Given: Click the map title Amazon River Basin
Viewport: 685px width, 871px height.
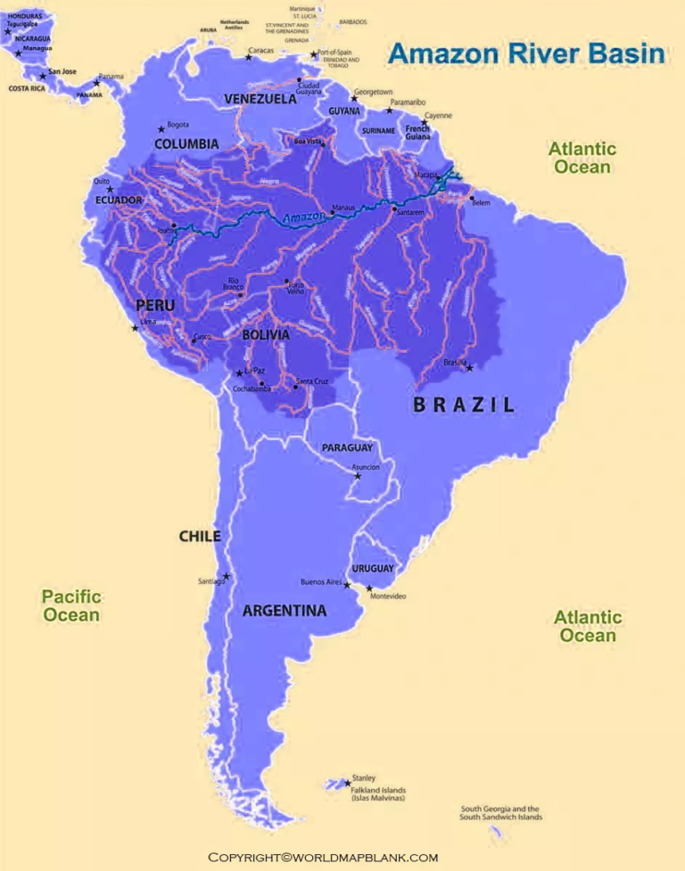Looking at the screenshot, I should pyautogui.click(x=526, y=53).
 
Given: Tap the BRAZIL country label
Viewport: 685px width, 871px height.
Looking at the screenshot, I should pyautogui.click(x=464, y=404).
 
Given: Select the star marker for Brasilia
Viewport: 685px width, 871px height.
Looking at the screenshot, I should pyautogui.click(x=469, y=367).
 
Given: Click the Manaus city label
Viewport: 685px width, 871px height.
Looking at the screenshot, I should pyautogui.click(x=343, y=208).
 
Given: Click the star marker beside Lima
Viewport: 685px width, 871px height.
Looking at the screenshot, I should pyautogui.click(x=136, y=328).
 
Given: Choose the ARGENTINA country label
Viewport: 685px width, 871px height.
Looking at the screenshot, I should pyautogui.click(x=285, y=611).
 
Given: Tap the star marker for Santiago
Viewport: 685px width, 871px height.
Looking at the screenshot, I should pyautogui.click(x=227, y=576).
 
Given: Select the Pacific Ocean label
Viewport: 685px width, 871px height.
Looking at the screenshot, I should pyautogui.click(x=71, y=605).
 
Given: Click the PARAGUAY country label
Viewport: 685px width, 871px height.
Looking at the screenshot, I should pyautogui.click(x=347, y=448).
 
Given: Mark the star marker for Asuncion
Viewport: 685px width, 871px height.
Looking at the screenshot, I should pyautogui.click(x=358, y=476).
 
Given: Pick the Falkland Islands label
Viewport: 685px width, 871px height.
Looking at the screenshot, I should pyautogui.click(x=378, y=793).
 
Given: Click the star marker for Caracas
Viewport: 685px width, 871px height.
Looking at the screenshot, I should pyautogui.click(x=249, y=57).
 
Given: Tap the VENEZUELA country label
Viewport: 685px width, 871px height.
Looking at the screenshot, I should pyautogui.click(x=260, y=98).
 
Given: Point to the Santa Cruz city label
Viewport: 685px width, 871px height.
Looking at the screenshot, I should pyautogui.click(x=312, y=382).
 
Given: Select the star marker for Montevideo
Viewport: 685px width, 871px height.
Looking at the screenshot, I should pyautogui.click(x=369, y=588).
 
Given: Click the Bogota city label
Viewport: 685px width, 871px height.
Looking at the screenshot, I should pyautogui.click(x=177, y=125).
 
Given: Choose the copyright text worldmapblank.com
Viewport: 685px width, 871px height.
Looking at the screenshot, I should pyautogui.click(x=323, y=857).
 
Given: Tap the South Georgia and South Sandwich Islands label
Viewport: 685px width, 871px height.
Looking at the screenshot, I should pyautogui.click(x=500, y=813).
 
